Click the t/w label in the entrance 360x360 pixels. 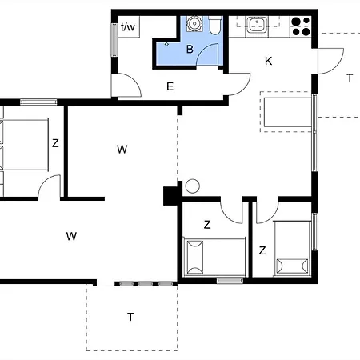128,26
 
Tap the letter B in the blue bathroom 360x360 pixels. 190,49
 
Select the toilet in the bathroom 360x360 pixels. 215,25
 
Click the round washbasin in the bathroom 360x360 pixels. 194,23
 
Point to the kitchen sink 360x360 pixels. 257,25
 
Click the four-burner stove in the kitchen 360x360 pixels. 301,26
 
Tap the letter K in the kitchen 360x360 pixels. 268,61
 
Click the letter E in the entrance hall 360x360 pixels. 170,86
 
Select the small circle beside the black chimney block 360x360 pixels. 192,186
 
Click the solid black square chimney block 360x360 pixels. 170,196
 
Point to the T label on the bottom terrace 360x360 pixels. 130,317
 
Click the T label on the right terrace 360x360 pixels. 350,78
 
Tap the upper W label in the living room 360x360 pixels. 122,150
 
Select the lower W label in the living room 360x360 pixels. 71,236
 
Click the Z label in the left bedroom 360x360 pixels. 55,143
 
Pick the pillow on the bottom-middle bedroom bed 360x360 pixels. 195,257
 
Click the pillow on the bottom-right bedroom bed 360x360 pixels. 292,266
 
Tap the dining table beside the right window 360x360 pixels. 288,112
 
